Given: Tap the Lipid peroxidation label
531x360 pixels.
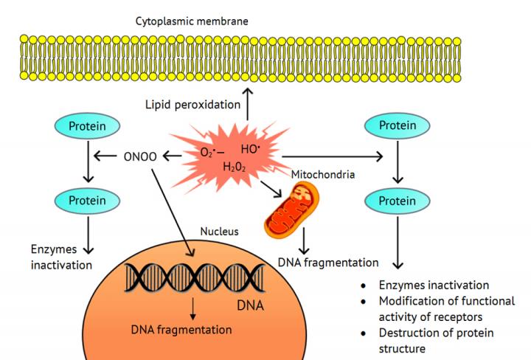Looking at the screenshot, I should point(192,105).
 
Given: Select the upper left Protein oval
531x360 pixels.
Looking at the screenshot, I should point(87,126).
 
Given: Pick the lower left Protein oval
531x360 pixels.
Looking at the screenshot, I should point(87,201).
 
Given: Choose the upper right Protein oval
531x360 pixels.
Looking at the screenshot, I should point(398,126).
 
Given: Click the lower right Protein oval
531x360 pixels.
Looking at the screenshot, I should point(398,201).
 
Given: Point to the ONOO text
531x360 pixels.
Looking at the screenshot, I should point(141,156).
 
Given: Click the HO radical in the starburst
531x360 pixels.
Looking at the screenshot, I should point(250,148).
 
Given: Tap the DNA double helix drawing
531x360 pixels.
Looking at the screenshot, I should point(193,279).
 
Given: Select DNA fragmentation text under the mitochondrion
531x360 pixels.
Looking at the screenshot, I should point(328,262).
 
